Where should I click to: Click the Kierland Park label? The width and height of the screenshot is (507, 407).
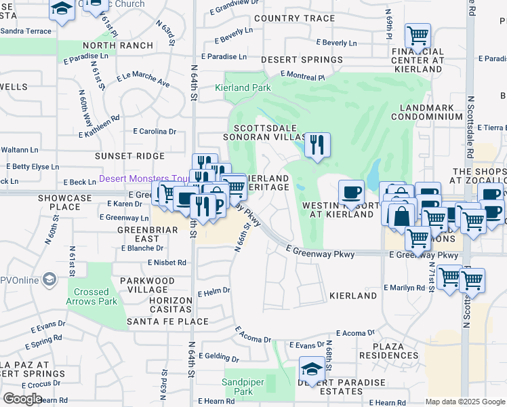tap(243, 88)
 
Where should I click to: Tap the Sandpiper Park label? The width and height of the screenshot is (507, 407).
tap(238, 387)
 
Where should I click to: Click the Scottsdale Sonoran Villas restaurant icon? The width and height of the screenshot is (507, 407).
tap(317, 144)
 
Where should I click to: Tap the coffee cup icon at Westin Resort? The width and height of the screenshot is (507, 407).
tap(350, 193)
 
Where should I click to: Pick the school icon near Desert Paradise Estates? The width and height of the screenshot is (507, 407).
tap(312, 370)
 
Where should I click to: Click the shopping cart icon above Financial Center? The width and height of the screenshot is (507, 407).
tap(418, 35)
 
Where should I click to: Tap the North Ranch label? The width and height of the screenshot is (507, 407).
tap(108, 45)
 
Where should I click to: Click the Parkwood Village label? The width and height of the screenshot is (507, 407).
tap(147, 280)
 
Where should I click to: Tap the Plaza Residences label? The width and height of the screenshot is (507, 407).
tap(390, 351)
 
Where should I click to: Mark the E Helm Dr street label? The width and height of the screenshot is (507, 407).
tap(214, 291)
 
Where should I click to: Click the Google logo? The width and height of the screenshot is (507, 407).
tap(22, 399)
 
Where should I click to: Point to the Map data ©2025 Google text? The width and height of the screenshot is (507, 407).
tap(464, 402)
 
